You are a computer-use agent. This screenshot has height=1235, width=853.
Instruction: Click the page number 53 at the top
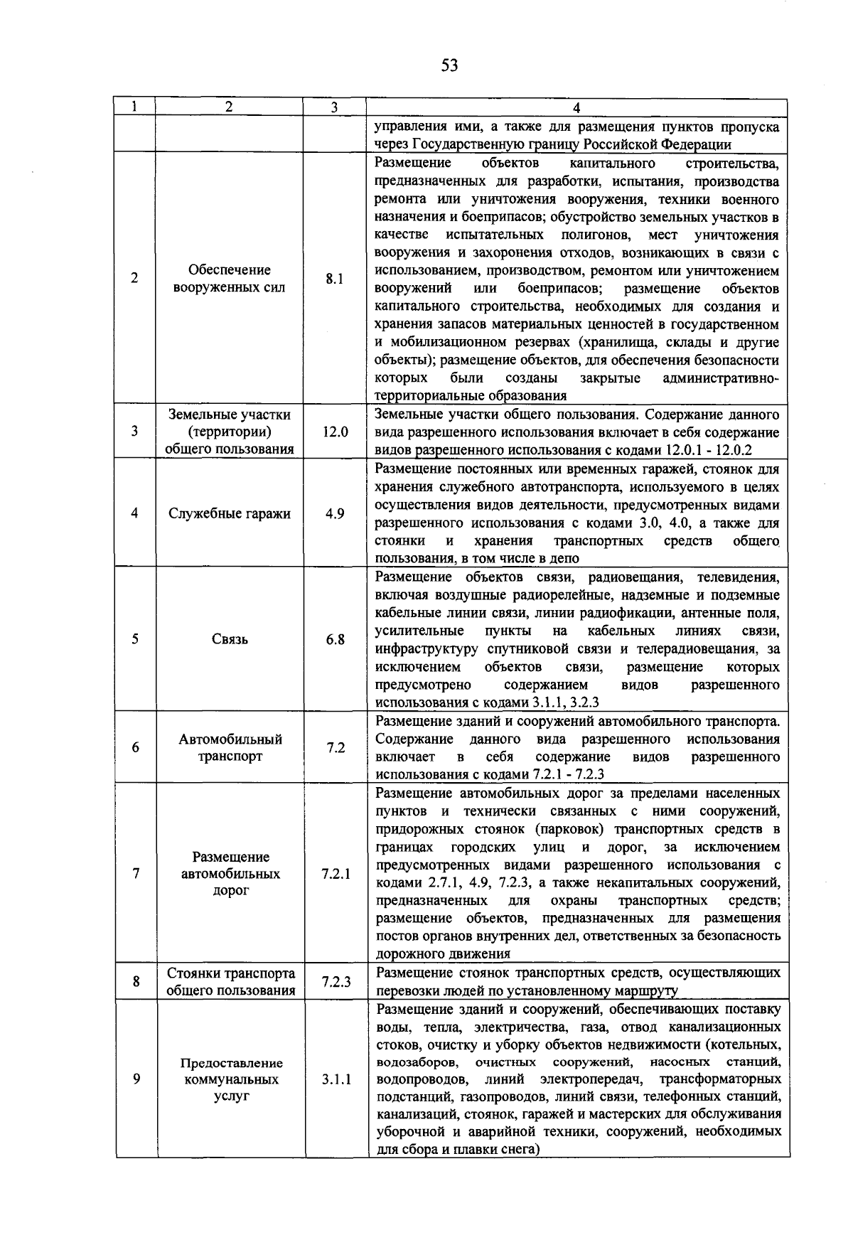coord(449,66)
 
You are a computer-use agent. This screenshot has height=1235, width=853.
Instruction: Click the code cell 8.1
coord(335,279)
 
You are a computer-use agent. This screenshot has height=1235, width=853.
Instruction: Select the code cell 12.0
coord(335,432)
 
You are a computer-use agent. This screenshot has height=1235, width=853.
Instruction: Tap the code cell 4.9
coord(335,513)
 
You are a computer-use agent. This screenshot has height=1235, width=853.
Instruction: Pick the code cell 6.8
coord(335,639)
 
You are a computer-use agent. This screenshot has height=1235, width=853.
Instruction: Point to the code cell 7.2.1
coord(335,874)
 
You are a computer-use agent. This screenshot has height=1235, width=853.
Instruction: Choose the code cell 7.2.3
coord(335,982)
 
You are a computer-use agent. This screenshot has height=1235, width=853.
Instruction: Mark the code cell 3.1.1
coord(335,1079)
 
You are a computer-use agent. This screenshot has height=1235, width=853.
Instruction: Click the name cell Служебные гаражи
coord(230,513)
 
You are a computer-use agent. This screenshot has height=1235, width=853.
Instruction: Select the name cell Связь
coord(230,639)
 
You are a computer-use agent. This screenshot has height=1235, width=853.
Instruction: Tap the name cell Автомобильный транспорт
coord(230,748)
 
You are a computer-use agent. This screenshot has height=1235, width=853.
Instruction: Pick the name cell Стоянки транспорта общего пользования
coord(230,982)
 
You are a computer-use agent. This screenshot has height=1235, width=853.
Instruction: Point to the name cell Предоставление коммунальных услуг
coord(230,1079)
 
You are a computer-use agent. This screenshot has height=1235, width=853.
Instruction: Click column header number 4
coord(576,108)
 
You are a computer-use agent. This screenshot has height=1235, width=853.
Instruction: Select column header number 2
coord(229,107)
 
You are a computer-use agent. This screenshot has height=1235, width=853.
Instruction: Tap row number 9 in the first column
coord(135,1079)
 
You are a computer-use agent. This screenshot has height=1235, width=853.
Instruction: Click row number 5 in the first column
coord(135,639)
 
